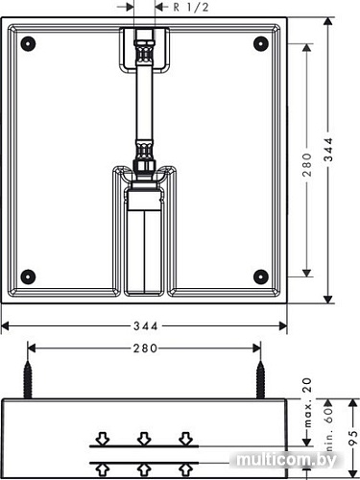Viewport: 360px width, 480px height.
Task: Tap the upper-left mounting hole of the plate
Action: (x=28, y=43)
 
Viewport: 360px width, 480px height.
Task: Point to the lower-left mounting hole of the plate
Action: (x=28, y=276)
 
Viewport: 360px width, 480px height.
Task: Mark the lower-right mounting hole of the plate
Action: (x=259, y=276)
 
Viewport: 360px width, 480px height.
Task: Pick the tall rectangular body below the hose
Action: (x=144, y=240)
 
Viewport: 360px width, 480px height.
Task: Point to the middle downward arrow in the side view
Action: (x=144, y=439)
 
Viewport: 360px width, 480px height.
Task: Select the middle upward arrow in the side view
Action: (x=144, y=468)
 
